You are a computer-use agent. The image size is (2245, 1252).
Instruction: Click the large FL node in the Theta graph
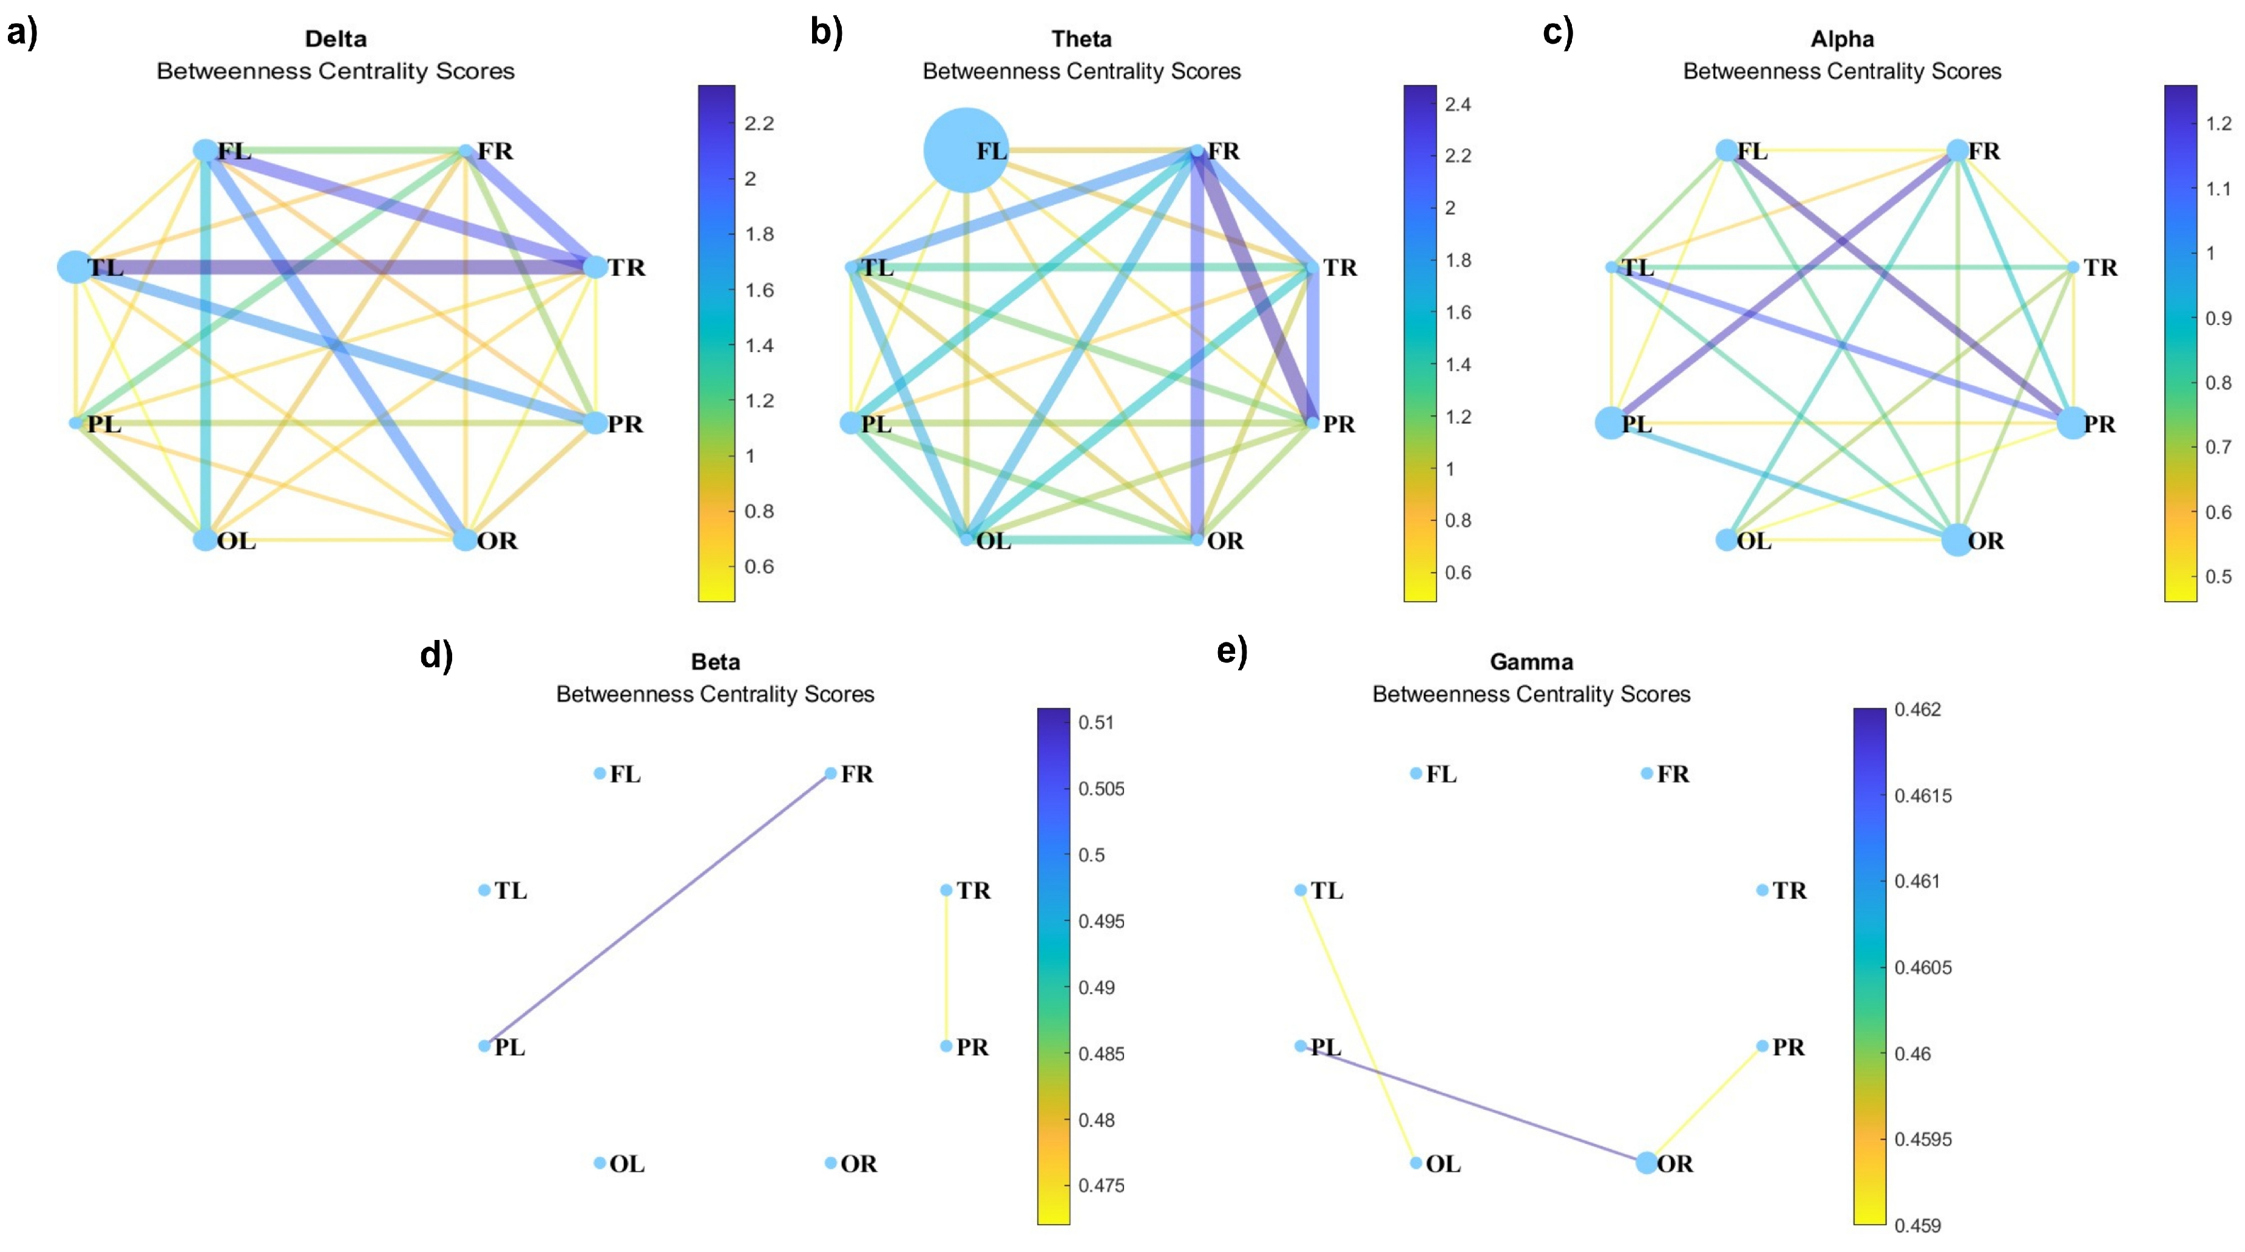point(965,150)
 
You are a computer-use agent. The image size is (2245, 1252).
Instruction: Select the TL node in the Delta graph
point(75,267)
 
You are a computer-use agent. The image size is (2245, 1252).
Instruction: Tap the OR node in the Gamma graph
point(1645,1162)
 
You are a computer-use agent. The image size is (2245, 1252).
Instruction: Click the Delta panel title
point(336,39)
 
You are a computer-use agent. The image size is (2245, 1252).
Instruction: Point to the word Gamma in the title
point(1531,662)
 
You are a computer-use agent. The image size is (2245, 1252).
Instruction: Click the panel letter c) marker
point(1557,33)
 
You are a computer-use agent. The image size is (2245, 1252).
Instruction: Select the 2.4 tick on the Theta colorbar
point(1457,104)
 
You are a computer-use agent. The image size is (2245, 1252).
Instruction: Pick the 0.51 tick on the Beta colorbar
point(1095,722)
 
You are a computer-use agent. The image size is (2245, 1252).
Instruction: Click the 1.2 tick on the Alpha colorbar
point(2218,123)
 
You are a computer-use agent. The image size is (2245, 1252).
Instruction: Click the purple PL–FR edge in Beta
point(658,910)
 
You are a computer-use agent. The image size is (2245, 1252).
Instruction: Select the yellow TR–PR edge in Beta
point(946,968)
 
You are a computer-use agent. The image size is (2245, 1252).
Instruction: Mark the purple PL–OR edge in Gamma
point(1473,1104)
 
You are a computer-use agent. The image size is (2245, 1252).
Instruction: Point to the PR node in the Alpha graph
point(2073,424)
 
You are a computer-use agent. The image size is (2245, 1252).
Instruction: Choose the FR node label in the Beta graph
point(857,774)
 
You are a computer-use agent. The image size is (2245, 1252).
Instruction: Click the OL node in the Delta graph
point(205,540)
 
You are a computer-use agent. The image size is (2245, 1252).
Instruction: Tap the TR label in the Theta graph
point(1339,268)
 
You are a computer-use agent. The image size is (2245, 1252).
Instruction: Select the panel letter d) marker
point(436,656)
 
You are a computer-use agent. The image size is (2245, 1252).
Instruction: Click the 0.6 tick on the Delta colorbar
point(758,566)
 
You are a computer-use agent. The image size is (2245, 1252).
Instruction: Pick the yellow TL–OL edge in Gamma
point(1358,1026)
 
